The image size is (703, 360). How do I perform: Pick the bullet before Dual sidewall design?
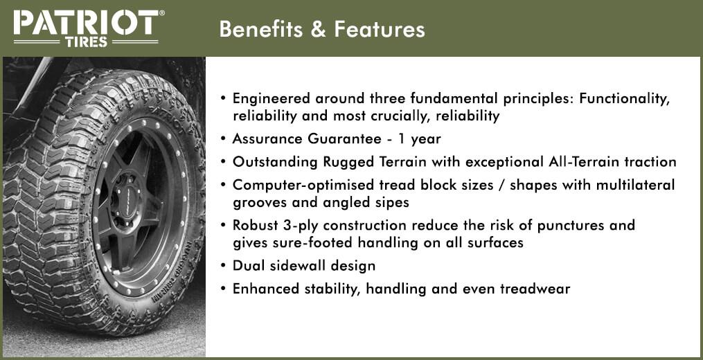[x=223, y=267]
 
